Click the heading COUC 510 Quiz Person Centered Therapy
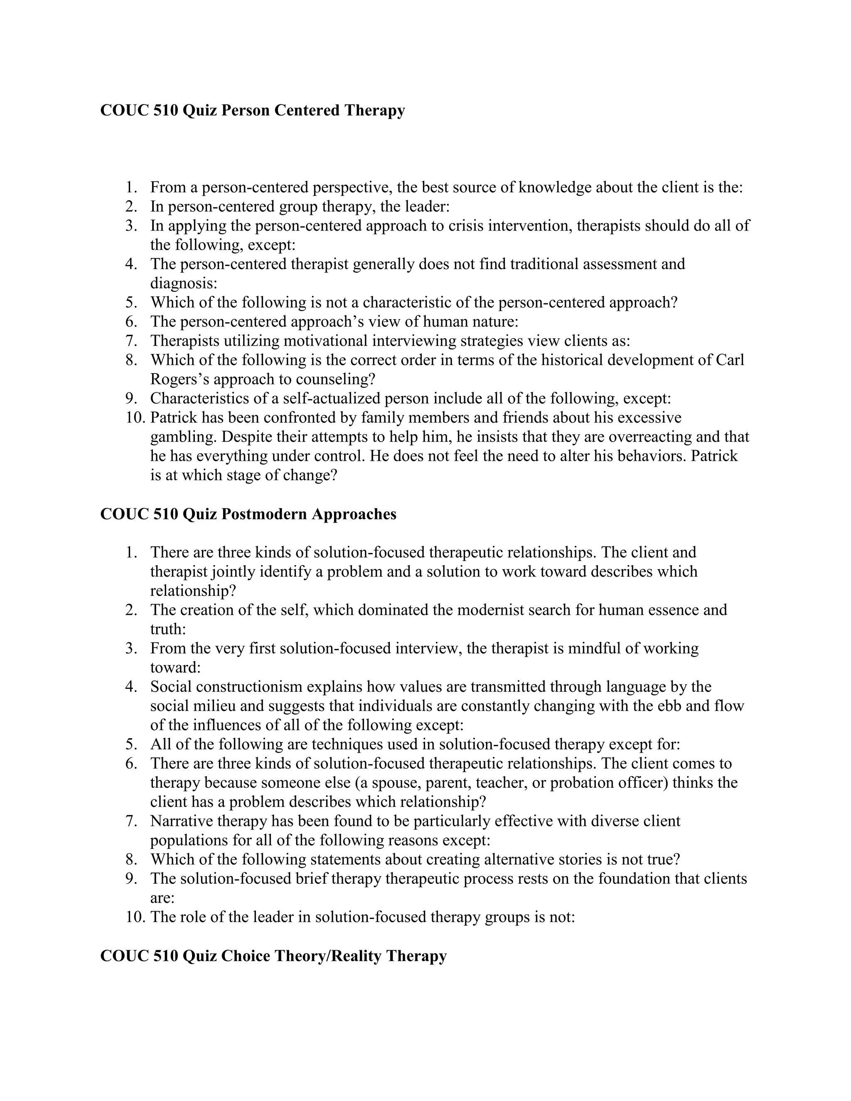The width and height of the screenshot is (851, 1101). (252, 110)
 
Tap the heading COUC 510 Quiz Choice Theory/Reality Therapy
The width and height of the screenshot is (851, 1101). (273, 956)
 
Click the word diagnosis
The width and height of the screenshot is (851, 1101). (182, 283)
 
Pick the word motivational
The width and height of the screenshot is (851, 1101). (325, 341)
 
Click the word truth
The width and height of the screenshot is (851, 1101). (167, 629)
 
